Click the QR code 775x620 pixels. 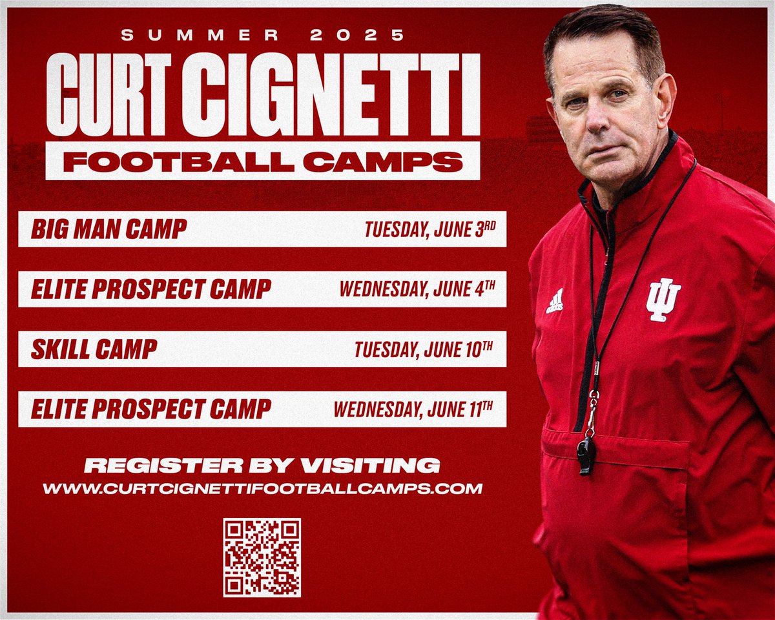click(x=262, y=557)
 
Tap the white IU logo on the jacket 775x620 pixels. click(x=663, y=299)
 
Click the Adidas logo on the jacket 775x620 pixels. click(x=555, y=302)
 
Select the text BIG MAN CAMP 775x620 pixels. click(x=108, y=228)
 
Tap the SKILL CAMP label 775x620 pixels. click(x=94, y=349)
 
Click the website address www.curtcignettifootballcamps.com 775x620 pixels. click(x=262, y=488)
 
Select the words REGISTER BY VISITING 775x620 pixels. click(x=262, y=464)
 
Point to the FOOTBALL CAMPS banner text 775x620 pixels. click(x=262, y=161)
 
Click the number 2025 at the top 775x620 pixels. click(x=357, y=36)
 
